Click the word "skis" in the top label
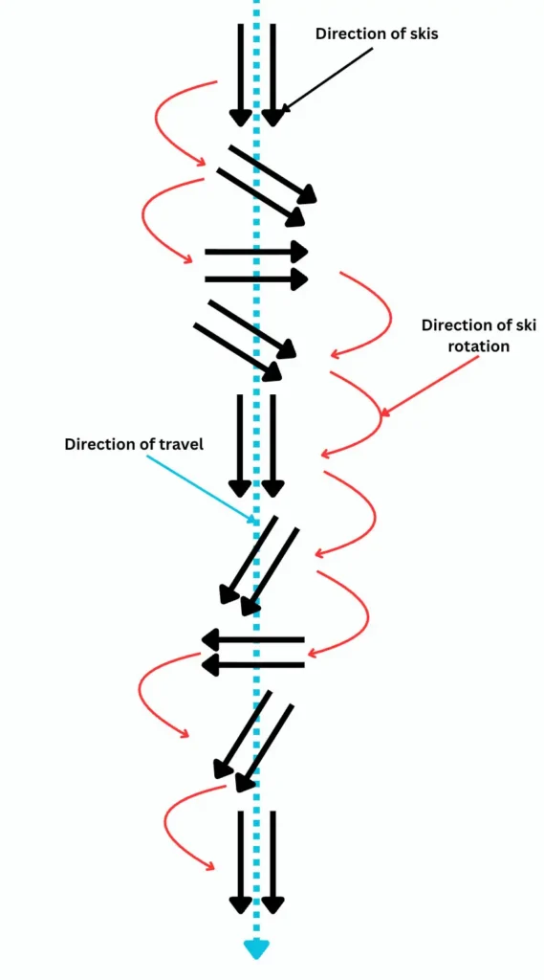tap(419, 33)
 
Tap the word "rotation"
tap(478, 345)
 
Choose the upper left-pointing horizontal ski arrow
tap(252, 638)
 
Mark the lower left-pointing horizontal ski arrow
tap(252, 661)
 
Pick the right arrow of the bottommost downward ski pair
tap(273, 861)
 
